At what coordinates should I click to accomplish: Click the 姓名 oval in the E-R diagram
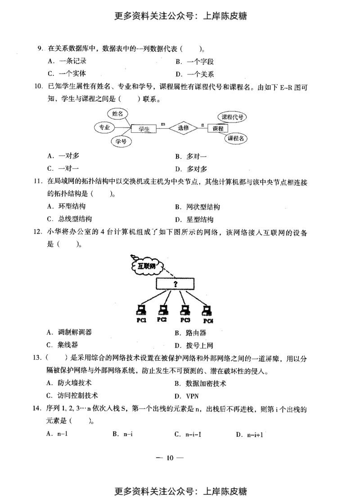pyautogui.click(x=118, y=114)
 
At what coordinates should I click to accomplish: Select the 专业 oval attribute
pyautogui.click(x=104, y=127)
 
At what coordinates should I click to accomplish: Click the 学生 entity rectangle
pyautogui.click(x=144, y=129)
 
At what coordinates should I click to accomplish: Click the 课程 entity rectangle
pyautogui.click(x=218, y=129)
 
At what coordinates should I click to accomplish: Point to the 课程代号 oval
pyautogui.click(x=233, y=117)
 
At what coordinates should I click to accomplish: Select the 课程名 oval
pyautogui.click(x=236, y=138)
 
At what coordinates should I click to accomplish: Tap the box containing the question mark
pyautogui.click(x=175, y=284)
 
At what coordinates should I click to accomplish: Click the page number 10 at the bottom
pyautogui.click(x=170, y=458)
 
